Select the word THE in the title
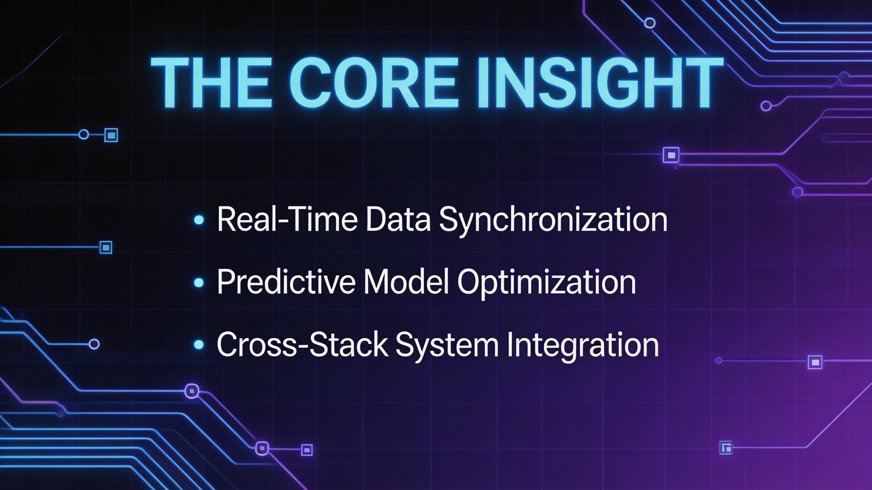point(211,83)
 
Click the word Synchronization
point(553,220)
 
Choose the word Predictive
point(286,282)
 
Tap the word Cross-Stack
point(302,345)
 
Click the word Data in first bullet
point(398,219)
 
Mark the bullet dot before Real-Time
point(198,220)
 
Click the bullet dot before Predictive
point(198,283)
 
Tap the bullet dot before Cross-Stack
point(198,345)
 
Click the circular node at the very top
point(650,23)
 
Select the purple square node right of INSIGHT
point(671,155)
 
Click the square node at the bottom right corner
point(726,448)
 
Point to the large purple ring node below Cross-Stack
point(192,391)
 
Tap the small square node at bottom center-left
point(307,450)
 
